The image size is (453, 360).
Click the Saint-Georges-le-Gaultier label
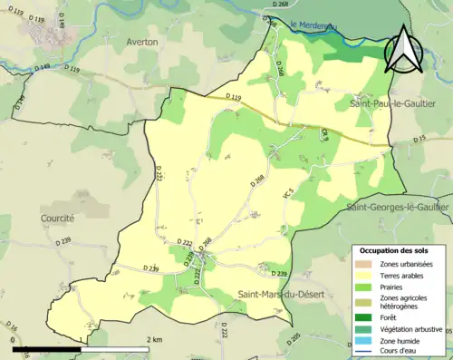pyautogui.click(x=397, y=208)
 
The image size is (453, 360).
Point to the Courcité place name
pyautogui.click(x=57, y=219)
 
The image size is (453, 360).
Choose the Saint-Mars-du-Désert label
pyautogui.click(x=278, y=293)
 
